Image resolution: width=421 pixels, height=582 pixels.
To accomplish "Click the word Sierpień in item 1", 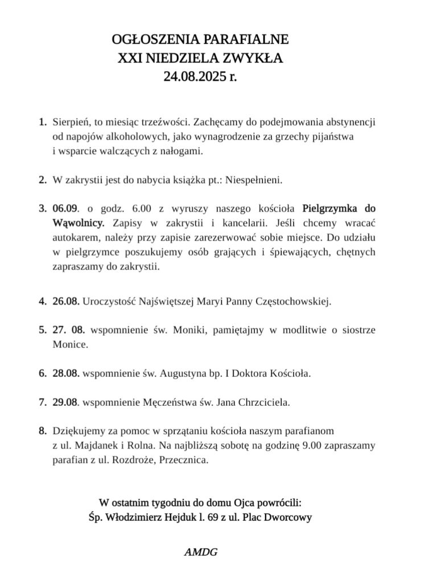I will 69,122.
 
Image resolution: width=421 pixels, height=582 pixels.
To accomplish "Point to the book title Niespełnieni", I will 254,180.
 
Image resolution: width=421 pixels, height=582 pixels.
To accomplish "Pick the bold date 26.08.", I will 65,301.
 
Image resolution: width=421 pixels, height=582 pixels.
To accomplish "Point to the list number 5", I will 42,330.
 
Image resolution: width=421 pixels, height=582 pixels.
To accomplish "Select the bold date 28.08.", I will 65,374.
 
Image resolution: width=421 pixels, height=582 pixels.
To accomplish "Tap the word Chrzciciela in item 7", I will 266,403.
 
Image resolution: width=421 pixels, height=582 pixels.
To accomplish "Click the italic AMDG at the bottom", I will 201,551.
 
